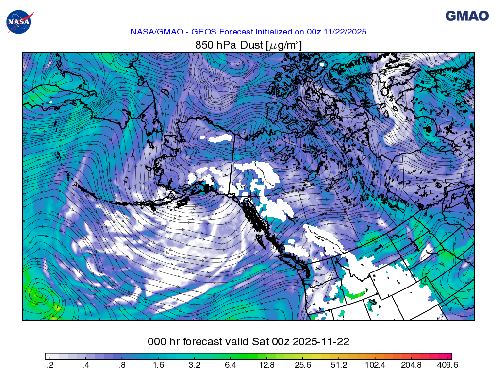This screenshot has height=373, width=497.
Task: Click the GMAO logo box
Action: pyautogui.click(x=467, y=16)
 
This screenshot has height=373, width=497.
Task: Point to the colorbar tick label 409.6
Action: pyautogui.click(x=448, y=365)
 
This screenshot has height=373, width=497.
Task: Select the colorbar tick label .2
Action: pyautogui.click(x=49, y=365)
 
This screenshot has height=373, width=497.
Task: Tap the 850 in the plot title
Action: pyautogui.click(x=203, y=46)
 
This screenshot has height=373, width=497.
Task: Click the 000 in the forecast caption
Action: pyautogui.click(x=157, y=342)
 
